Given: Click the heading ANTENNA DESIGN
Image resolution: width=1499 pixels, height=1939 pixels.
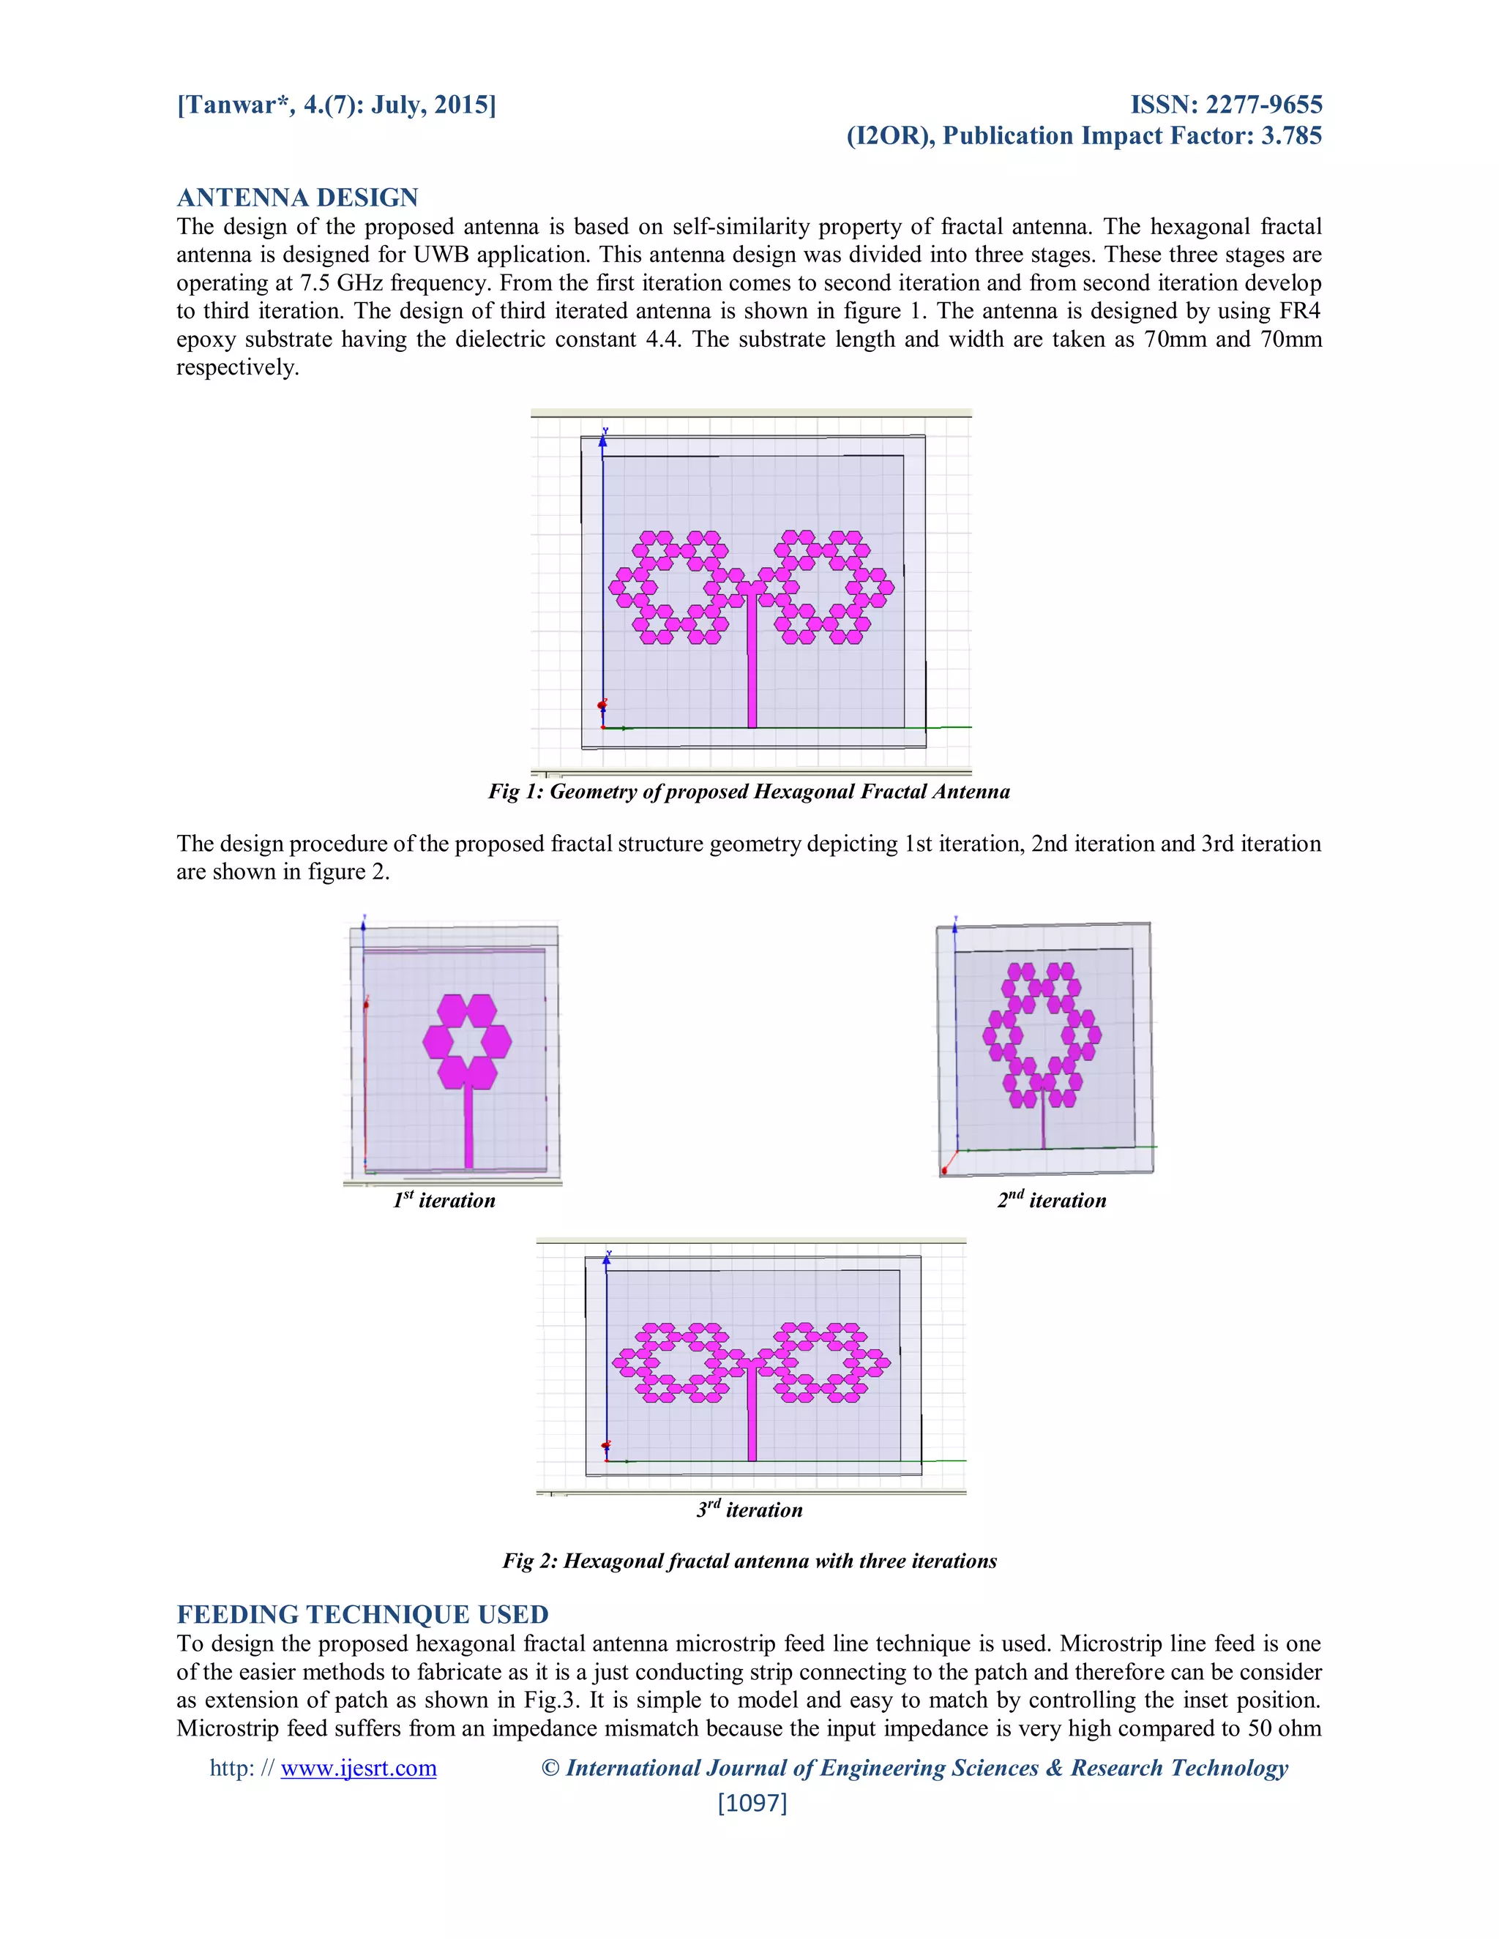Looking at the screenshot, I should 296,197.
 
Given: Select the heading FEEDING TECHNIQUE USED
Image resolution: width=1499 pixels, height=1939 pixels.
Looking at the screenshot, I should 362,1614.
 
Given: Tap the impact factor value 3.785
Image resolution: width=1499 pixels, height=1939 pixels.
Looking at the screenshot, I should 1291,136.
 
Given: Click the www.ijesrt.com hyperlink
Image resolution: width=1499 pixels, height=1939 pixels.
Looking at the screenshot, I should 358,1768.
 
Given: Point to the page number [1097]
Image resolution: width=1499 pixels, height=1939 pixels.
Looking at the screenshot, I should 752,1802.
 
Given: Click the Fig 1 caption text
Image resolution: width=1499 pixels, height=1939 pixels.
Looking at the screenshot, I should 749,791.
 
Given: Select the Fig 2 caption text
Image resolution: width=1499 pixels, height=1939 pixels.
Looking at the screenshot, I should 749,1561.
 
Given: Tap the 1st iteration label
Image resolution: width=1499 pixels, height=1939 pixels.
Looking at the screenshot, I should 444,1200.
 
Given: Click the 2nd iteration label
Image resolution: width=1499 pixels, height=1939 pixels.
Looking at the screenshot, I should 1052,1200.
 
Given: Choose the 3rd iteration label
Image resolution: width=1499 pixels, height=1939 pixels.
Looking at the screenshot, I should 749,1509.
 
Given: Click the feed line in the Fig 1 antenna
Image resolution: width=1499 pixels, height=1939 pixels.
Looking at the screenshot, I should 752,666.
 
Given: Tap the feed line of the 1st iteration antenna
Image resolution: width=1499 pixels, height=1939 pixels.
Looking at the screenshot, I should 468,1128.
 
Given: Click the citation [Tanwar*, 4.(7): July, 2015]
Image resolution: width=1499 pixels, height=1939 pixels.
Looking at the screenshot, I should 337,105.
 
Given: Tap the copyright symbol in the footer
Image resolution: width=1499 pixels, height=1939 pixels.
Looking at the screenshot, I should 550,1768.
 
